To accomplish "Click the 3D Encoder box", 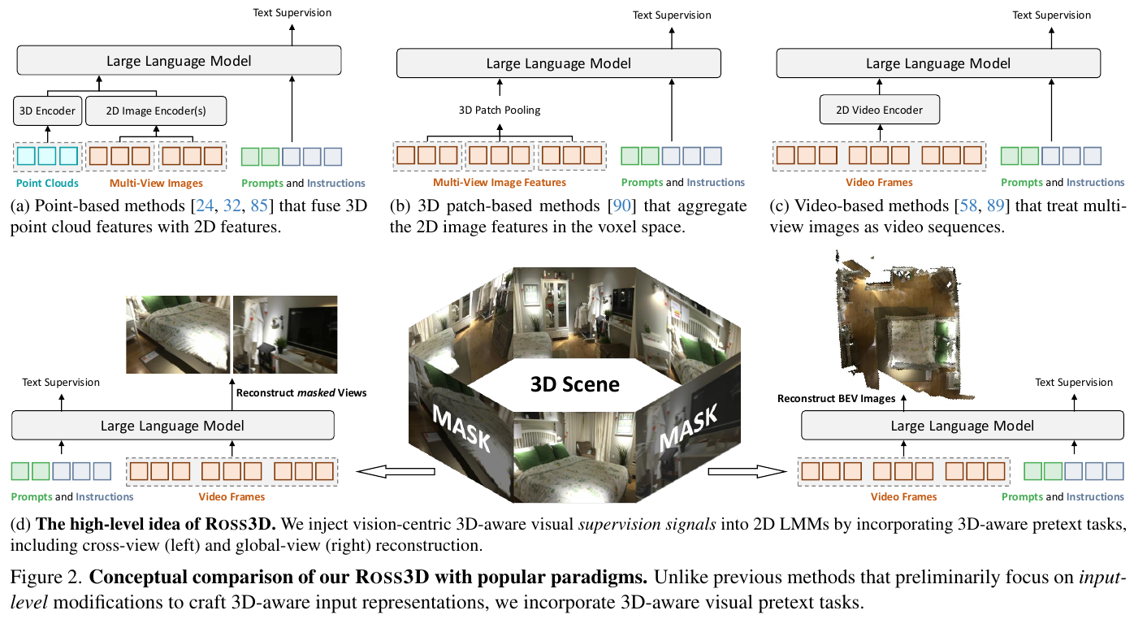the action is [x=48, y=110].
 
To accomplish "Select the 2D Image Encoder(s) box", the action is [x=156, y=110].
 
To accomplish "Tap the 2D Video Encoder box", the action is [x=880, y=110].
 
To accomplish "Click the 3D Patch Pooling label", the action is [x=499, y=110].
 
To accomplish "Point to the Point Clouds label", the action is [x=47, y=184].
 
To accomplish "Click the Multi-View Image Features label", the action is [x=499, y=182].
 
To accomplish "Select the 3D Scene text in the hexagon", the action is [x=574, y=384].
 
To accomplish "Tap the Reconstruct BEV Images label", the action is [x=837, y=399].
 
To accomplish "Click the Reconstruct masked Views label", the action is [x=301, y=392].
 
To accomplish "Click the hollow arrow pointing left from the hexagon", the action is [x=396, y=472].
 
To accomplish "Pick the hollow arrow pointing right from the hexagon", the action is [x=747, y=472].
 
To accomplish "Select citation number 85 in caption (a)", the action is [x=258, y=206].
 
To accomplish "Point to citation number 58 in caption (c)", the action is [x=968, y=206].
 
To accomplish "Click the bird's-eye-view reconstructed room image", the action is [x=901, y=325].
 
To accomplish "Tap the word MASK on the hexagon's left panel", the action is [x=461, y=429].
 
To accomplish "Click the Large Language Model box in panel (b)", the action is [x=558, y=63].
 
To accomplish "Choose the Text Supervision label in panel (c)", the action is [x=1051, y=15].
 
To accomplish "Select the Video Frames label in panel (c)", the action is [x=879, y=182].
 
